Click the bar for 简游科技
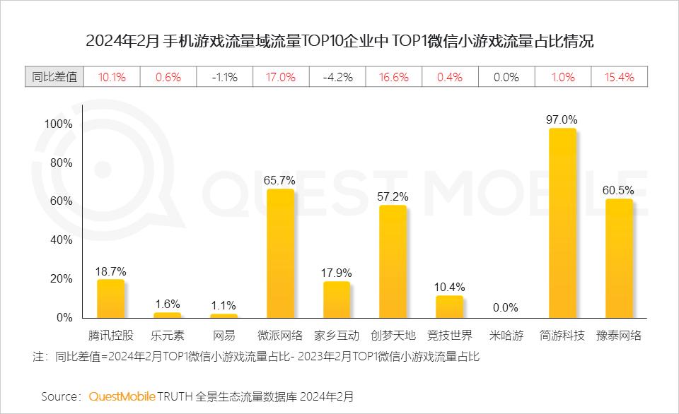click(562, 223)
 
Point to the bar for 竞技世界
click(449, 306)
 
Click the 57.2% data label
click(393, 196)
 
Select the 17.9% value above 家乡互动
click(337, 273)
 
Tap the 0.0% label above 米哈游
click(506, 307)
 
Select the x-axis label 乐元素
click(167, 336)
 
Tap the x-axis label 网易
click(224, 336)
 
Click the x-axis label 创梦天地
click(393, 336)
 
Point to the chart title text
click(339, 40)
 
